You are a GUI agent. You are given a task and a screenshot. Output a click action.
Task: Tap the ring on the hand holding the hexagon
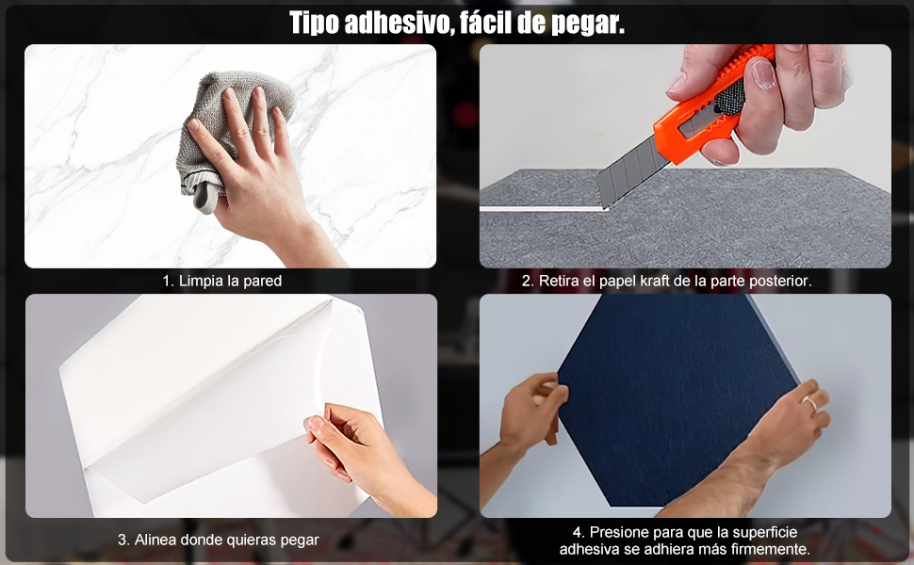coord(808,403)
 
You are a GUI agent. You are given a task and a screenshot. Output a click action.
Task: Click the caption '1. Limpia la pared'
coord(222,281)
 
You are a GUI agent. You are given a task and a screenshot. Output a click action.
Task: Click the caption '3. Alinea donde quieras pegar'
coord(218,540)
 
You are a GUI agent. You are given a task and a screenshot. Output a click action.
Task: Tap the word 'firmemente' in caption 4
coord(772,549)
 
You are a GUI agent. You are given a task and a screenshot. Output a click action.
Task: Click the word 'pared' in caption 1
coord(261,281)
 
